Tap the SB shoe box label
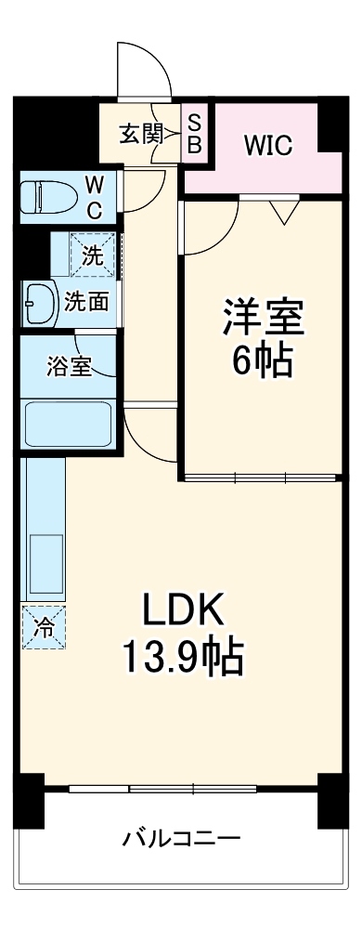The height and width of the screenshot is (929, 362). coord(196,133)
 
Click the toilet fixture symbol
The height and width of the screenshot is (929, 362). coord(52,196)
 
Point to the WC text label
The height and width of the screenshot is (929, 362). coord(96,196)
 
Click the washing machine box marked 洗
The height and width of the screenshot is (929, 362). coord(93,254)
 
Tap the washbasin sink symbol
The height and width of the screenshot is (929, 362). coord(39,301)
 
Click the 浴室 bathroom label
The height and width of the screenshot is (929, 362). coord(69,365)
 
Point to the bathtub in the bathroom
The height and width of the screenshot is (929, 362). coord(68,423)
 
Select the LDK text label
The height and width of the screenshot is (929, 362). coord(182,613)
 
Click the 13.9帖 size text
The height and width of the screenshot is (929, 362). coord(182,660)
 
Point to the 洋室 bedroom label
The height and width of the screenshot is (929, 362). coord(262,318)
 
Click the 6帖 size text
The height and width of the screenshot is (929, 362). coord(262,360)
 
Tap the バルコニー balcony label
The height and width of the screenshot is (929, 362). coord(182,839)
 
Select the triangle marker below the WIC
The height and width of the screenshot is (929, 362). coord(285,213)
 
